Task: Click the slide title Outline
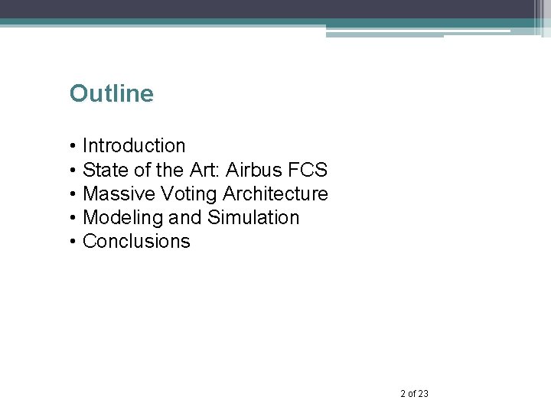111,94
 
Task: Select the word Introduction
134,145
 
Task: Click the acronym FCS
310,169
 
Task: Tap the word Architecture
275,193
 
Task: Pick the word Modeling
122,218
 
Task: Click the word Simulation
253,217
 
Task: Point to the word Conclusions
136,242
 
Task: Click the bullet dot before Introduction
72,146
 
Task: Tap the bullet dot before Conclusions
72,242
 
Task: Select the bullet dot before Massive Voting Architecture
72,194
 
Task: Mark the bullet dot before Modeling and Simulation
72,218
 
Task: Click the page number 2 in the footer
403,394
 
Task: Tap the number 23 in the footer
423,394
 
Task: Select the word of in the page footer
412,394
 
